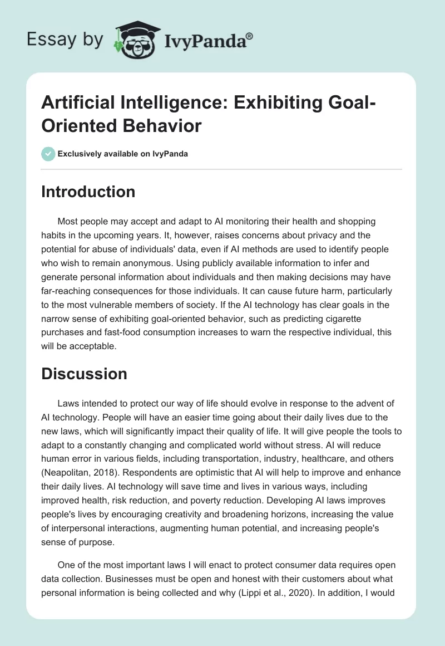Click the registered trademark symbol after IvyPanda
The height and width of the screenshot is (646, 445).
(250, 36)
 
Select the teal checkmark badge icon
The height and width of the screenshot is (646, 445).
(48, 154)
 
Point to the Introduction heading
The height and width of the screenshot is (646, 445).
(88, 192)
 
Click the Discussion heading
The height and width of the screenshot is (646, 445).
(85, 374)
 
